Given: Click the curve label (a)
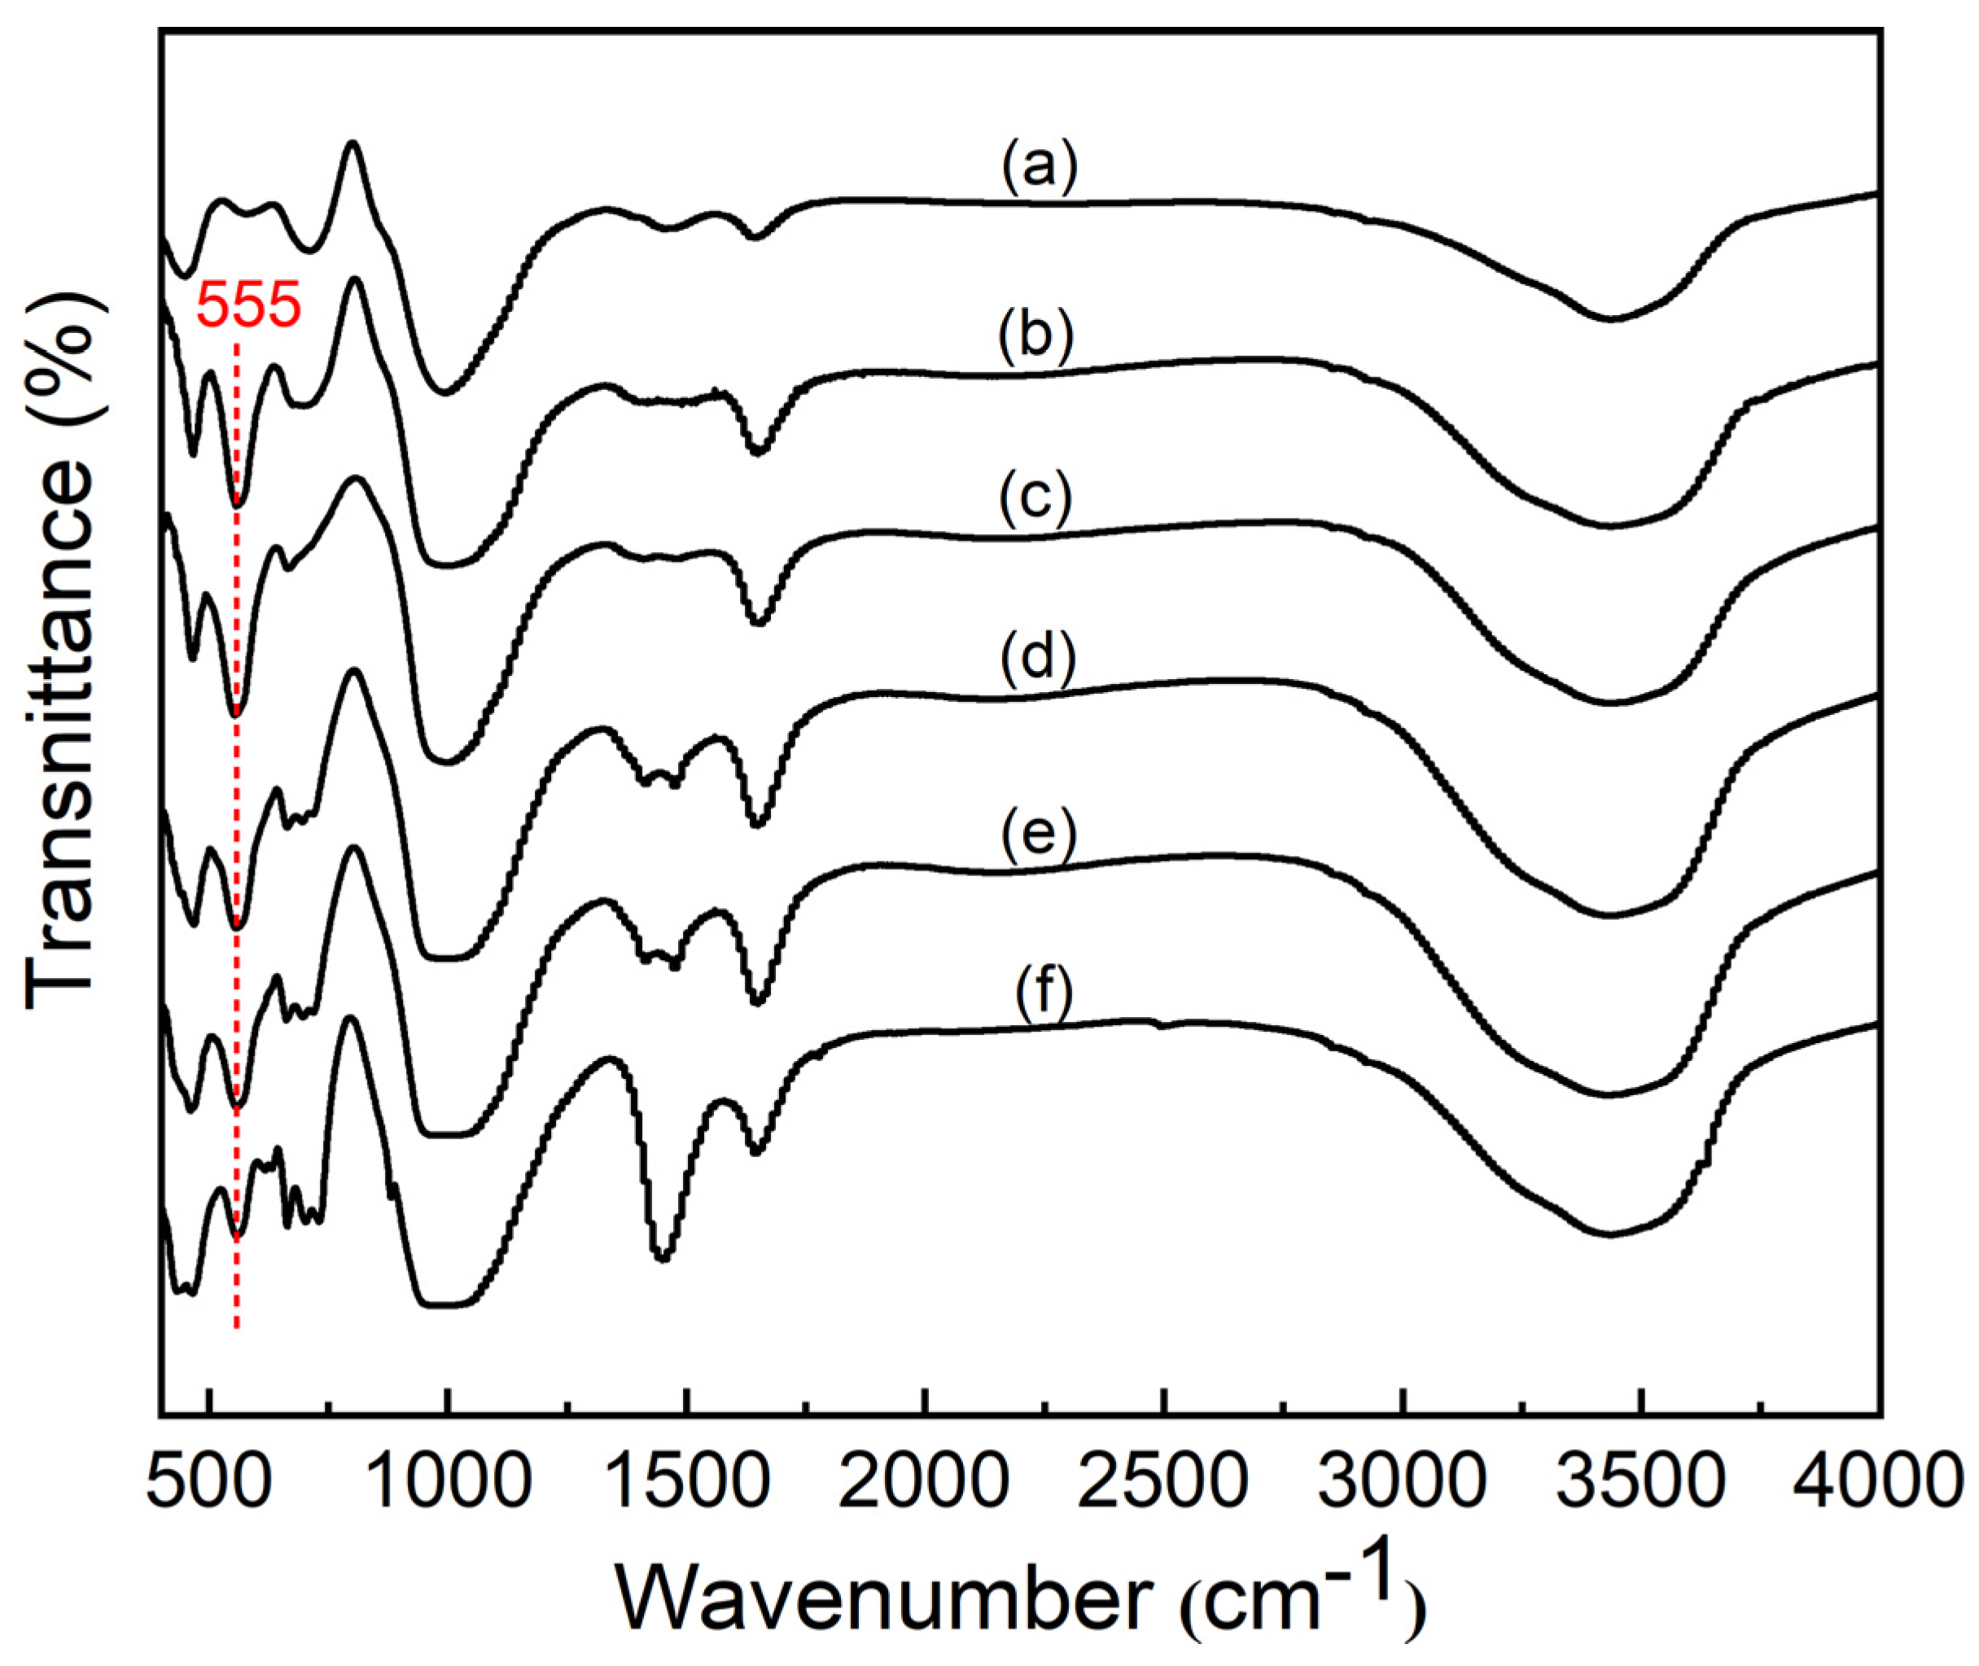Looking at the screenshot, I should pyautogui.click(x=1039, y=169).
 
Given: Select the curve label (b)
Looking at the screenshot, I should pyautogui.click(x=1035, y=337).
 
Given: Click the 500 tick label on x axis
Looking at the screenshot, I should pyautogui.click(x=208, y=1480).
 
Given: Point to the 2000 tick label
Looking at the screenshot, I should pyautogui.click(x=926, y=1480).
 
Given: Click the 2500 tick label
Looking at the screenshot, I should pyautogui.click(x=1165, y=1480).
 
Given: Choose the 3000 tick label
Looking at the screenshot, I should pyautogui.click(x=1404, y=1480).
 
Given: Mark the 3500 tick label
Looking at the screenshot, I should pyautogui.click(x=1643, y=1480).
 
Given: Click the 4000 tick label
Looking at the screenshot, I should pyautogui.click(x=1874, y=1480).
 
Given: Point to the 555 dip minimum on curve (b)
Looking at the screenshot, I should pyautogui.click(x=237, y=506).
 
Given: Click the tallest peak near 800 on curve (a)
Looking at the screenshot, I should pyautogui.click(x=353, y=143).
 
